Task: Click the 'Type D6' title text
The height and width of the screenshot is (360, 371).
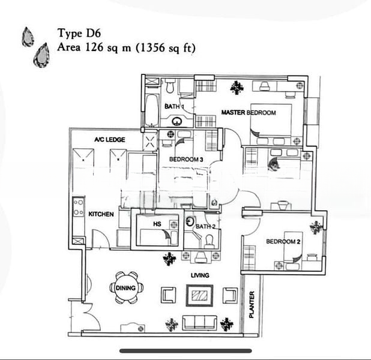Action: pos(79,34)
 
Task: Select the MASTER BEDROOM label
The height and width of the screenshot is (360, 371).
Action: pos(248,113)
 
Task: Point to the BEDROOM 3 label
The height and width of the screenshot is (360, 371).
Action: pos(186,159)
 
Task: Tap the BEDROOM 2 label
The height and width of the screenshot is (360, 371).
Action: pos(283,242)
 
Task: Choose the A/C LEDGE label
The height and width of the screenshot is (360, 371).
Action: pos(109,140)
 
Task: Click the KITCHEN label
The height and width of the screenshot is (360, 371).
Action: pos(101,214)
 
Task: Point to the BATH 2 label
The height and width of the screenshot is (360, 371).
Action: pos(205,226)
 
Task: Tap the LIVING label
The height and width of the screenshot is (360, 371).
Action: pos(200,275)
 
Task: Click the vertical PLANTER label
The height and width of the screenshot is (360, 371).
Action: pos(252,305)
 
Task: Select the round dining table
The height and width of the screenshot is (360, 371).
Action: pos(127,287)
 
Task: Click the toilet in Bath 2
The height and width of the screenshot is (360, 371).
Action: pos(210,241)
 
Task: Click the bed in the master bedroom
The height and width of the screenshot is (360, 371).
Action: pos(271,123)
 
